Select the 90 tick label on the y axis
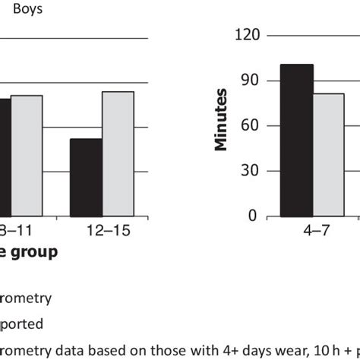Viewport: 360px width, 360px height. [x=251, y=81]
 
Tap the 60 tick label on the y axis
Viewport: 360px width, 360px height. [x=251, y=126]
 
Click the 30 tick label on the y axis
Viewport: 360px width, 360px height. [x=251, y=171]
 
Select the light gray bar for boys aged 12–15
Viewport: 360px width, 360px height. [x=118, y=153]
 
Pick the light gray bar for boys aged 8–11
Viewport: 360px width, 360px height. [x=27, y=155]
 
